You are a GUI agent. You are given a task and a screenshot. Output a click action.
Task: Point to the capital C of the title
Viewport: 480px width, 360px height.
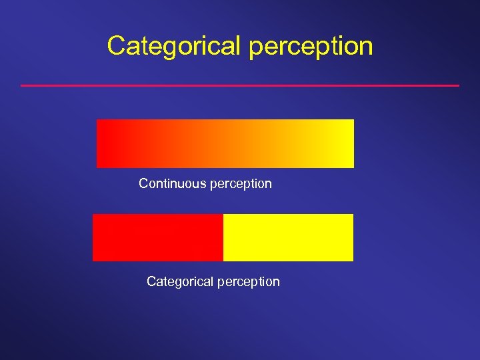click(116, 46)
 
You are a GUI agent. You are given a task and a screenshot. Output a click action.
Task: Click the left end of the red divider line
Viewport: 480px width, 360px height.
click(22, 85)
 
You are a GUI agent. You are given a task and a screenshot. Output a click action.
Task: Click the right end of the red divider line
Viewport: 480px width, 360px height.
click(458, 85)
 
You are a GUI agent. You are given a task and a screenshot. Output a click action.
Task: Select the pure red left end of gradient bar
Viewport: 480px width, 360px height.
click(107, 143)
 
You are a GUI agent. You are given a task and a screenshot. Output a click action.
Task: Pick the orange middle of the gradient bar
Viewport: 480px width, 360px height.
click(225, 143)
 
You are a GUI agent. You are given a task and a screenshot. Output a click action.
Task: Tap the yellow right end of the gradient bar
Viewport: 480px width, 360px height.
click(343, 143)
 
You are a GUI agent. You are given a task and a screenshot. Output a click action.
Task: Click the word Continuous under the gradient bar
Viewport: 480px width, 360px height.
click(172, 183)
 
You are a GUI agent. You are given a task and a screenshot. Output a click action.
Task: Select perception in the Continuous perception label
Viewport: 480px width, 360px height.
click(241, 184)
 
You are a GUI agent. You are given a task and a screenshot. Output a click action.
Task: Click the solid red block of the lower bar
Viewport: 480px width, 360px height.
click(157, 237)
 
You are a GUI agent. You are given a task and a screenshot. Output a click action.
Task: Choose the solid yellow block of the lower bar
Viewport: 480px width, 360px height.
click(288, 237)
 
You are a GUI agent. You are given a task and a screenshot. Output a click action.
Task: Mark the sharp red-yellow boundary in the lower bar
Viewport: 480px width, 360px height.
click(223, 237)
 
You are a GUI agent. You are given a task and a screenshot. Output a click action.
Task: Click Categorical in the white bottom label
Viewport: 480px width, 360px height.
click(178, 281)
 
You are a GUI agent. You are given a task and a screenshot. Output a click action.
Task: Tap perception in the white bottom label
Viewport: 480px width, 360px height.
click(249, 282)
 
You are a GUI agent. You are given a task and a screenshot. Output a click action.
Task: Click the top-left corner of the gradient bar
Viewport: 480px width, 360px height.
click(97, 120)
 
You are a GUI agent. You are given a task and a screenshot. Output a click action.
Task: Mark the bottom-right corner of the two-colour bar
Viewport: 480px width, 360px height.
click(353, 260)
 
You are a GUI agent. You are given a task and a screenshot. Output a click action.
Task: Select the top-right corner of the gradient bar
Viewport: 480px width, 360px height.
click(353, 120)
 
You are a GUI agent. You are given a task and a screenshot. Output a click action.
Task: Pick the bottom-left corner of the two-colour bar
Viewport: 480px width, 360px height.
click(93, 260)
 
